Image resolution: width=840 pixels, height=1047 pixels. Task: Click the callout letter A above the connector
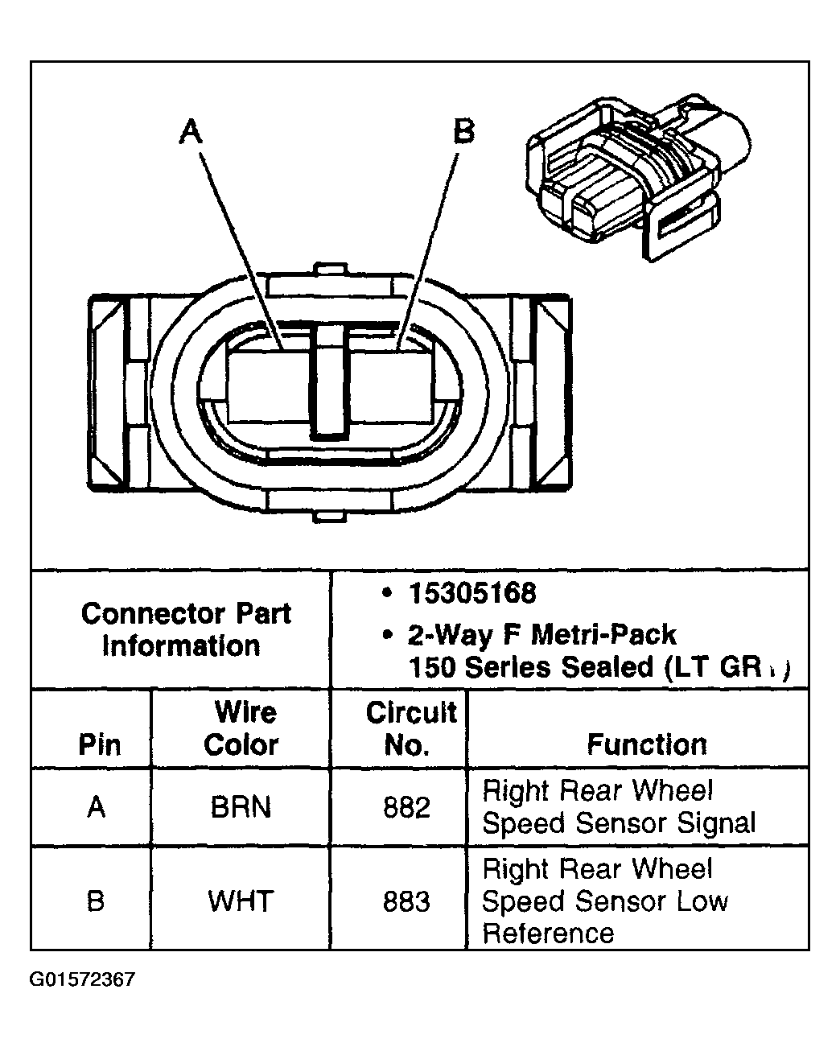(x=191, y=131)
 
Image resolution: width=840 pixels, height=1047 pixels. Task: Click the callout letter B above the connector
(x=464, y=130)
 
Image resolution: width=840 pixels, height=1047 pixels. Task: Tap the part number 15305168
(x=471, y=594)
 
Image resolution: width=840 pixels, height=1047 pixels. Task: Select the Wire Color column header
(x=241, y=728)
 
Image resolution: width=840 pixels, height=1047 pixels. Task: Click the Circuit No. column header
(x=410, y=728)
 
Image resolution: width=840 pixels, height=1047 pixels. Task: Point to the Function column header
(x=647, y=744)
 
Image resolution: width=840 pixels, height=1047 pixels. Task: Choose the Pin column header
(x=99, y=744)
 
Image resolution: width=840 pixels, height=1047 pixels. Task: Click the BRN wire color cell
(x=241, y=806)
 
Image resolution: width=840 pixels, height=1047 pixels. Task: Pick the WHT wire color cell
(x=241, y=901)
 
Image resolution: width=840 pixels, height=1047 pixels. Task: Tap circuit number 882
(x=407, y=806)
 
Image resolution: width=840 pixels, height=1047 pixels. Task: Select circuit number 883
(x=407, y=901)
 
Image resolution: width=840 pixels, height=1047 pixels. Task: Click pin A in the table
(x=97, y=806)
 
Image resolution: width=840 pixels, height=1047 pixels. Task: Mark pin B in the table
(x=96, y=901)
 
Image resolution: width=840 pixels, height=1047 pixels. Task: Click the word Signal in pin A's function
(x=715, y=823)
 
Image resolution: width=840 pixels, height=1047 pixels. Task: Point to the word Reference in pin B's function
(x=548, y=934)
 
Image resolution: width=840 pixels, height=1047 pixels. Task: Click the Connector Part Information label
(x=185, y=629)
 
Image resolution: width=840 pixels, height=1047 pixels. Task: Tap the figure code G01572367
(x=83, y=979)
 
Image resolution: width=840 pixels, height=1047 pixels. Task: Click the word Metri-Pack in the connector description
(x=602, y=635)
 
